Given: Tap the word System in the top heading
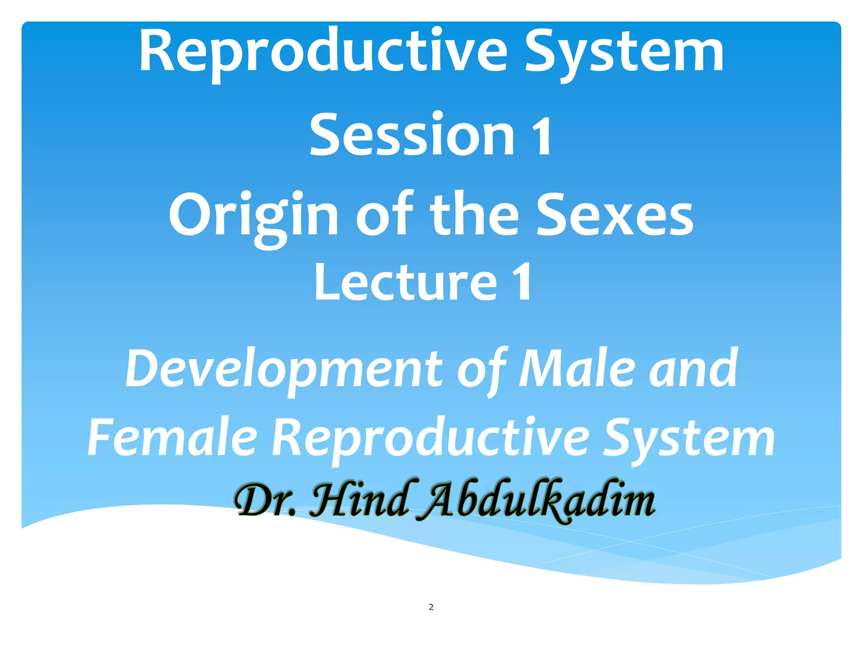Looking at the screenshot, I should [x=624, y=53].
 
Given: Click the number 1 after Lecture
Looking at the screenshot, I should [x=521, y=282].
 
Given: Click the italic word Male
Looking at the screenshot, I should [x=577, y=368].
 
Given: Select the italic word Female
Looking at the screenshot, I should [x=172, y=437].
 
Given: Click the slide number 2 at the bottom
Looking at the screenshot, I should [x=431, y=607].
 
